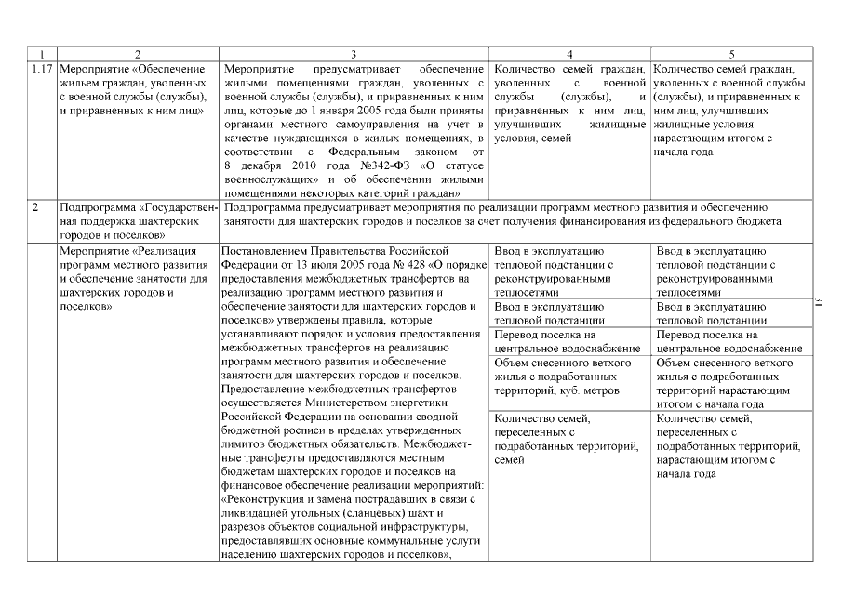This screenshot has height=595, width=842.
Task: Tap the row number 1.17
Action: (41, 69)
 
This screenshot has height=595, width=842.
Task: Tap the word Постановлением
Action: (267, 250)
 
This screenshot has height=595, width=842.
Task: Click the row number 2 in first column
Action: (34, 207)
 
